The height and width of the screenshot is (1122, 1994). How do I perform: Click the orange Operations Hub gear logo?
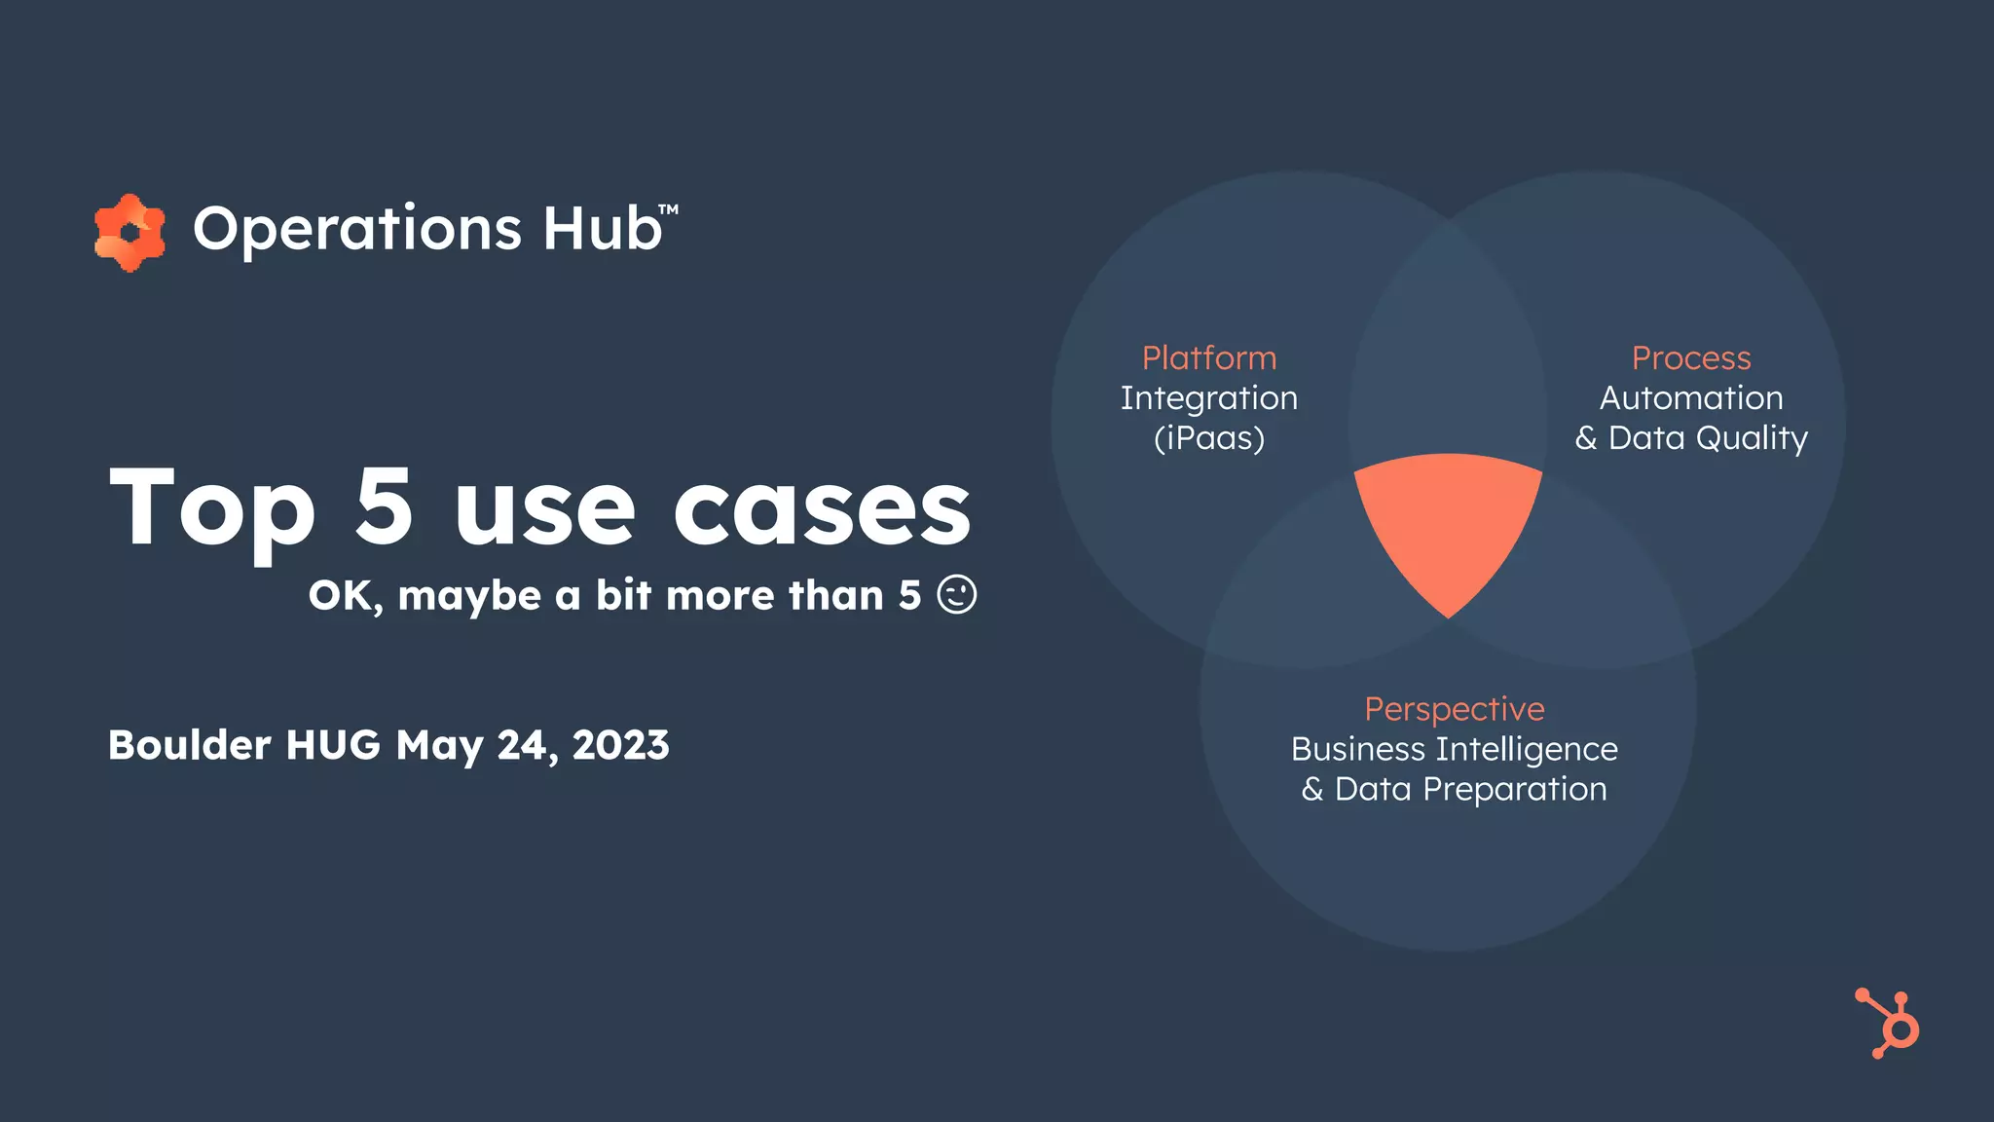129,232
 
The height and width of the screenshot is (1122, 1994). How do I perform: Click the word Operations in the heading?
357,230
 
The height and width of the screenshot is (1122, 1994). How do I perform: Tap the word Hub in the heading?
602,228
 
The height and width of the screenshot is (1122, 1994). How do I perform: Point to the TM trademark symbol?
668,209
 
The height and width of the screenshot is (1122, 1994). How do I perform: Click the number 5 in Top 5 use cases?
384,506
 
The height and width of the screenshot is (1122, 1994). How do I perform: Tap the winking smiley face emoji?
956,594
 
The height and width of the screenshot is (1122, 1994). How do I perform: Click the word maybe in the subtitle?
468,596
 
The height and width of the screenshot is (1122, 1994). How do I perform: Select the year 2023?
620,745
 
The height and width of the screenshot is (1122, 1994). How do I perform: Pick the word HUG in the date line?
333,745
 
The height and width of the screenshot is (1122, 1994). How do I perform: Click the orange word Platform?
1208,357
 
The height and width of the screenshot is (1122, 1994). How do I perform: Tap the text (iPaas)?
1208,438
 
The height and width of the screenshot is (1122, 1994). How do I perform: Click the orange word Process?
1691,357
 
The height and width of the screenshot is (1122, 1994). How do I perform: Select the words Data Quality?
1708,438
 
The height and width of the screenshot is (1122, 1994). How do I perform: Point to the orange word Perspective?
1454,709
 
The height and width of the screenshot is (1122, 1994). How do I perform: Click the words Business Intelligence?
1454,749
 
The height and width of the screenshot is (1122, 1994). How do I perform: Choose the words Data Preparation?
1470,789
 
